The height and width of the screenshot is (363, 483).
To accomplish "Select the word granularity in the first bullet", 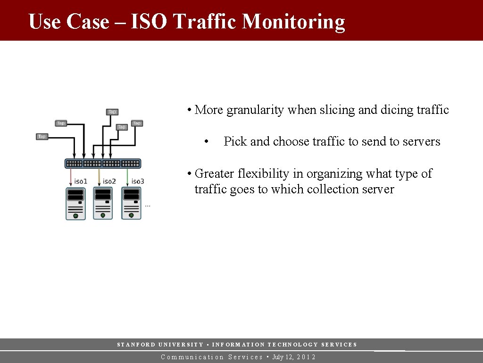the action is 255,110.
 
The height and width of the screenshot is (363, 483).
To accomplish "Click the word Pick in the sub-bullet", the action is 235,141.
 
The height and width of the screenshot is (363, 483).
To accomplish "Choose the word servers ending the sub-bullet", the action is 421,141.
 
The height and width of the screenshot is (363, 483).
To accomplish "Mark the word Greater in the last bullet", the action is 214,173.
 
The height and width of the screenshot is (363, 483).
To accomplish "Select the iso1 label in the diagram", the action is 81,181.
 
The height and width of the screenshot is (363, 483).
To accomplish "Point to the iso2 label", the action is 109,181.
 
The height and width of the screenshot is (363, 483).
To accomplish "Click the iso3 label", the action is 138,181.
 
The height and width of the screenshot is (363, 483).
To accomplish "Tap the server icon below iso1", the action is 75,204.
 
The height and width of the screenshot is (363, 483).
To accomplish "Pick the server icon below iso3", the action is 132,204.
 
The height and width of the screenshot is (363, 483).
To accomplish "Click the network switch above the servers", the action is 103,164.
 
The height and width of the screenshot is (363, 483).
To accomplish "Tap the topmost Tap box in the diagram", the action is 112,112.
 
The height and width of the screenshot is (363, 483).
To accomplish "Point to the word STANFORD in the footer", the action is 135,345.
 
